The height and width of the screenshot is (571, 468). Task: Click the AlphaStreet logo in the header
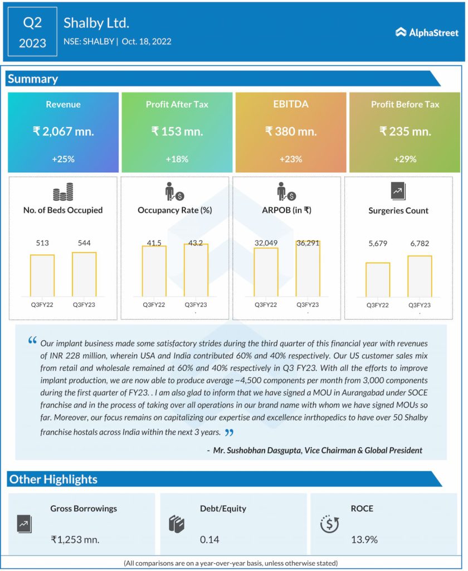427,32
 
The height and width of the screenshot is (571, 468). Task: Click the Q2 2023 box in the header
32,32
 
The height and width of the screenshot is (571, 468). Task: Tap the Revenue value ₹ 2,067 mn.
63,132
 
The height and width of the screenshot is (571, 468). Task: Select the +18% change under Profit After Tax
177,159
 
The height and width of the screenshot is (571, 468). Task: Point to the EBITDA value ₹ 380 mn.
291,132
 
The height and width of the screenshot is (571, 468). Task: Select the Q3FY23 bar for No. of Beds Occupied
84,275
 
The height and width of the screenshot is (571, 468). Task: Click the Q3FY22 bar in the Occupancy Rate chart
154,271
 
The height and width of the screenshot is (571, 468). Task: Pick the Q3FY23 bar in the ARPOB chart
308,269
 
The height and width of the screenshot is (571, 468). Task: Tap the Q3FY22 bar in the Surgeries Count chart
378,279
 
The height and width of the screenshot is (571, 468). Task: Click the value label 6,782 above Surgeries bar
419,243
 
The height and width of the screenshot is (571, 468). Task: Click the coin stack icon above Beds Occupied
63,192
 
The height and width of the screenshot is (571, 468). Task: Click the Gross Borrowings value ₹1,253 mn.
75,539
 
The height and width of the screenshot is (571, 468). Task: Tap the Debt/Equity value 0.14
209,539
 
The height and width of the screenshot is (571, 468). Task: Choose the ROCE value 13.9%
364,539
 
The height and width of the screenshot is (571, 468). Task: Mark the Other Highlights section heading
53,479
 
